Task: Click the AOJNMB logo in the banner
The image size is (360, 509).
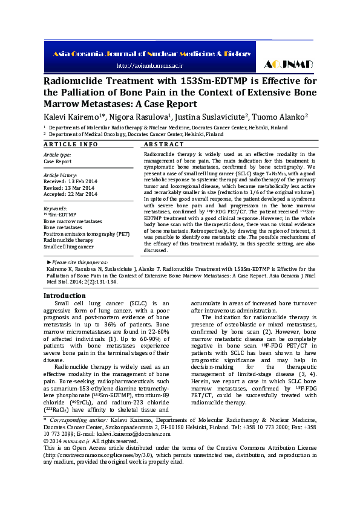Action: pos(287,64)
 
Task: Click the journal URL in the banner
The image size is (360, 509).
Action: pos(149,65)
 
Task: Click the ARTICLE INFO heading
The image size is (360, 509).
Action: pos(71,145)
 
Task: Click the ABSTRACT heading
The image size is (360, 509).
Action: pos(164,145)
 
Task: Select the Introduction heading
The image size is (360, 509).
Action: pos(65,296)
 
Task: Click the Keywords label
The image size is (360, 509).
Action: pos(55,208)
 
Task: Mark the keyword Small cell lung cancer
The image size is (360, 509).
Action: pos(68,246)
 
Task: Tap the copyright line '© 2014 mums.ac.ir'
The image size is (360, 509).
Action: pos(68,441)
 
